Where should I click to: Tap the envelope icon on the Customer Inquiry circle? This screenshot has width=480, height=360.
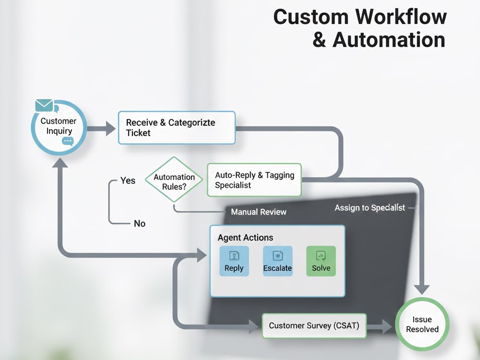(44, 105)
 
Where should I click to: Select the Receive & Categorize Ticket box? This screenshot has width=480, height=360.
(177, 128)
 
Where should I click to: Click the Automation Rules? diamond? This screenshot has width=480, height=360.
(174, 180)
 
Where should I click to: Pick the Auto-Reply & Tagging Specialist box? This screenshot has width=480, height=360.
(254, 180)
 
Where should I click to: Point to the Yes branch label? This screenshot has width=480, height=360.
(128, 180)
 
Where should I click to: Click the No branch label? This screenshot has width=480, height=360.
(140, 224)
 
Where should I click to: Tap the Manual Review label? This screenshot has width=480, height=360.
(259, 212)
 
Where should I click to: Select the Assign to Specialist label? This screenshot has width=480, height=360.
(370, 208)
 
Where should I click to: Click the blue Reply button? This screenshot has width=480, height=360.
(234, 261)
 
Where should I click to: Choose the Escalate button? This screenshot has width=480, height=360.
(277, 261)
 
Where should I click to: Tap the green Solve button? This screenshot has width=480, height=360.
(321, 261)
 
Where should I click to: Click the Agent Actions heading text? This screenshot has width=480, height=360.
(245, 238)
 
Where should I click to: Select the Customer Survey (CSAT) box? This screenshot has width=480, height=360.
(314, 325)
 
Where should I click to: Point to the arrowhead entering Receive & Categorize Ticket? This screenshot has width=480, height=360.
(111, 128)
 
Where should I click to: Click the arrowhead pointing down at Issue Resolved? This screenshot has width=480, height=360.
(421, 289)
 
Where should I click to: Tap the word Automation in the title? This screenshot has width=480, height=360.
(389, 40)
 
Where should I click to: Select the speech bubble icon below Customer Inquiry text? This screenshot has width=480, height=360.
(68, 141)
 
